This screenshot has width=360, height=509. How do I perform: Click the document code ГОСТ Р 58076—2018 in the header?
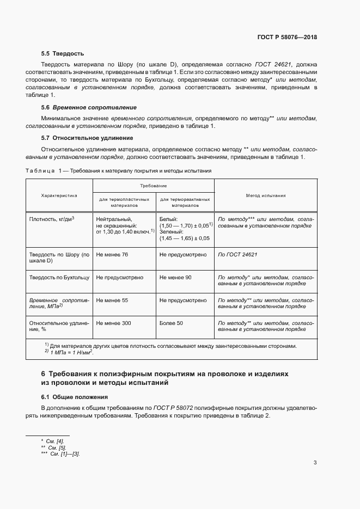pyautogui.click(x=286, y=38)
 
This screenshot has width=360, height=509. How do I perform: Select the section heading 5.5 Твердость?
pyautogui.click(x=62, y=53)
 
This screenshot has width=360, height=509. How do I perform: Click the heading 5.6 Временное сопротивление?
pyautogui.click(x=89, y=107)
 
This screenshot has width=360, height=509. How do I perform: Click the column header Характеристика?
pyautogui.click(x=59, y=195)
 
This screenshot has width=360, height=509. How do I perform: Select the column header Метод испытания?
pyautogui.click(x=266, y=195)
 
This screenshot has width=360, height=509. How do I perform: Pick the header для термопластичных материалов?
pyautogui.click(x=124, y=203)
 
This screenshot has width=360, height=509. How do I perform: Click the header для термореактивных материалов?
pyautogui.click(x=186, y=203)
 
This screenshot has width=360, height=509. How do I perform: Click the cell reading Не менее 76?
pyautogui.click(x=112, y=254)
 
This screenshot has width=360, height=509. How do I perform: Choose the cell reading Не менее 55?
pyautogui.click(x=112, y=300)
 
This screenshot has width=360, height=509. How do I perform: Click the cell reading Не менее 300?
pyautogui.click(x=113, y=323)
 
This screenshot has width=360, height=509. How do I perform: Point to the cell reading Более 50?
pyautogui.click(x=171, y=323)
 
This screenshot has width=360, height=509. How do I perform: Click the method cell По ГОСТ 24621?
pyautogui.click(x=237, y=254)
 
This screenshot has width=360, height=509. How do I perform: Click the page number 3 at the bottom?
pyautogui.click(x=315, y=463)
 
